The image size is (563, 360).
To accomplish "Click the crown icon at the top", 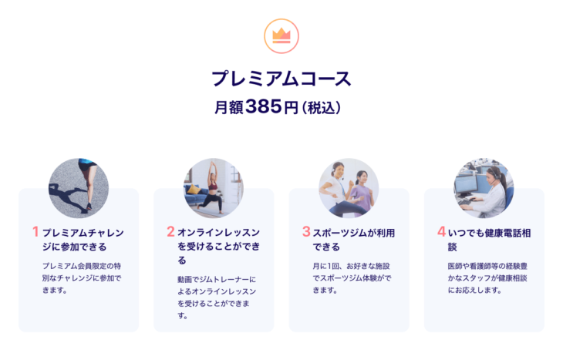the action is [x=281, y=36].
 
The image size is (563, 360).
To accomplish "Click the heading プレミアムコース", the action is [x=281, y=79].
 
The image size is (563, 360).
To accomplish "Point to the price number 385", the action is [x=264, y=106].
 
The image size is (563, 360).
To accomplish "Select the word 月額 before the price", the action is [x=229, y=107].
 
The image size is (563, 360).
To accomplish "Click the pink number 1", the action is [x=35, y=231].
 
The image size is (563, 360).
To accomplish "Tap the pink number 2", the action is [x=170, y=231].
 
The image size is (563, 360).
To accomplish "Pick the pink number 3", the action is [x=306, y=231].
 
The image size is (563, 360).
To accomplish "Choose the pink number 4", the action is [x=441, y=231].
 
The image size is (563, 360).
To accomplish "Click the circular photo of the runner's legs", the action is [x=79, y=188].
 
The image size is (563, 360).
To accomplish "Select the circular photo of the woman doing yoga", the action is [x=214, y=188].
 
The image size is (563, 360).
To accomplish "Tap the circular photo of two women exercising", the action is [x=349, y=188].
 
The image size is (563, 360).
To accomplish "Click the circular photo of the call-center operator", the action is [x=484, y=188].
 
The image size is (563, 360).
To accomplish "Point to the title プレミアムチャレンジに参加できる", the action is [x=83, y=240].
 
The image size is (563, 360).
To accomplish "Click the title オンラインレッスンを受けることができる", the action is [x=219, y=246].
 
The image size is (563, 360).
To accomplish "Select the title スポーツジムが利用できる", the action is [x=354, y=240].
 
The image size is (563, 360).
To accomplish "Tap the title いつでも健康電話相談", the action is [x=489, y=240].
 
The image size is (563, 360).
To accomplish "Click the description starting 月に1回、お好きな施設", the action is [x=352, y=278].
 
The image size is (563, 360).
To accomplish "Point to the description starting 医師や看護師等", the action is [x=487, y=278].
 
